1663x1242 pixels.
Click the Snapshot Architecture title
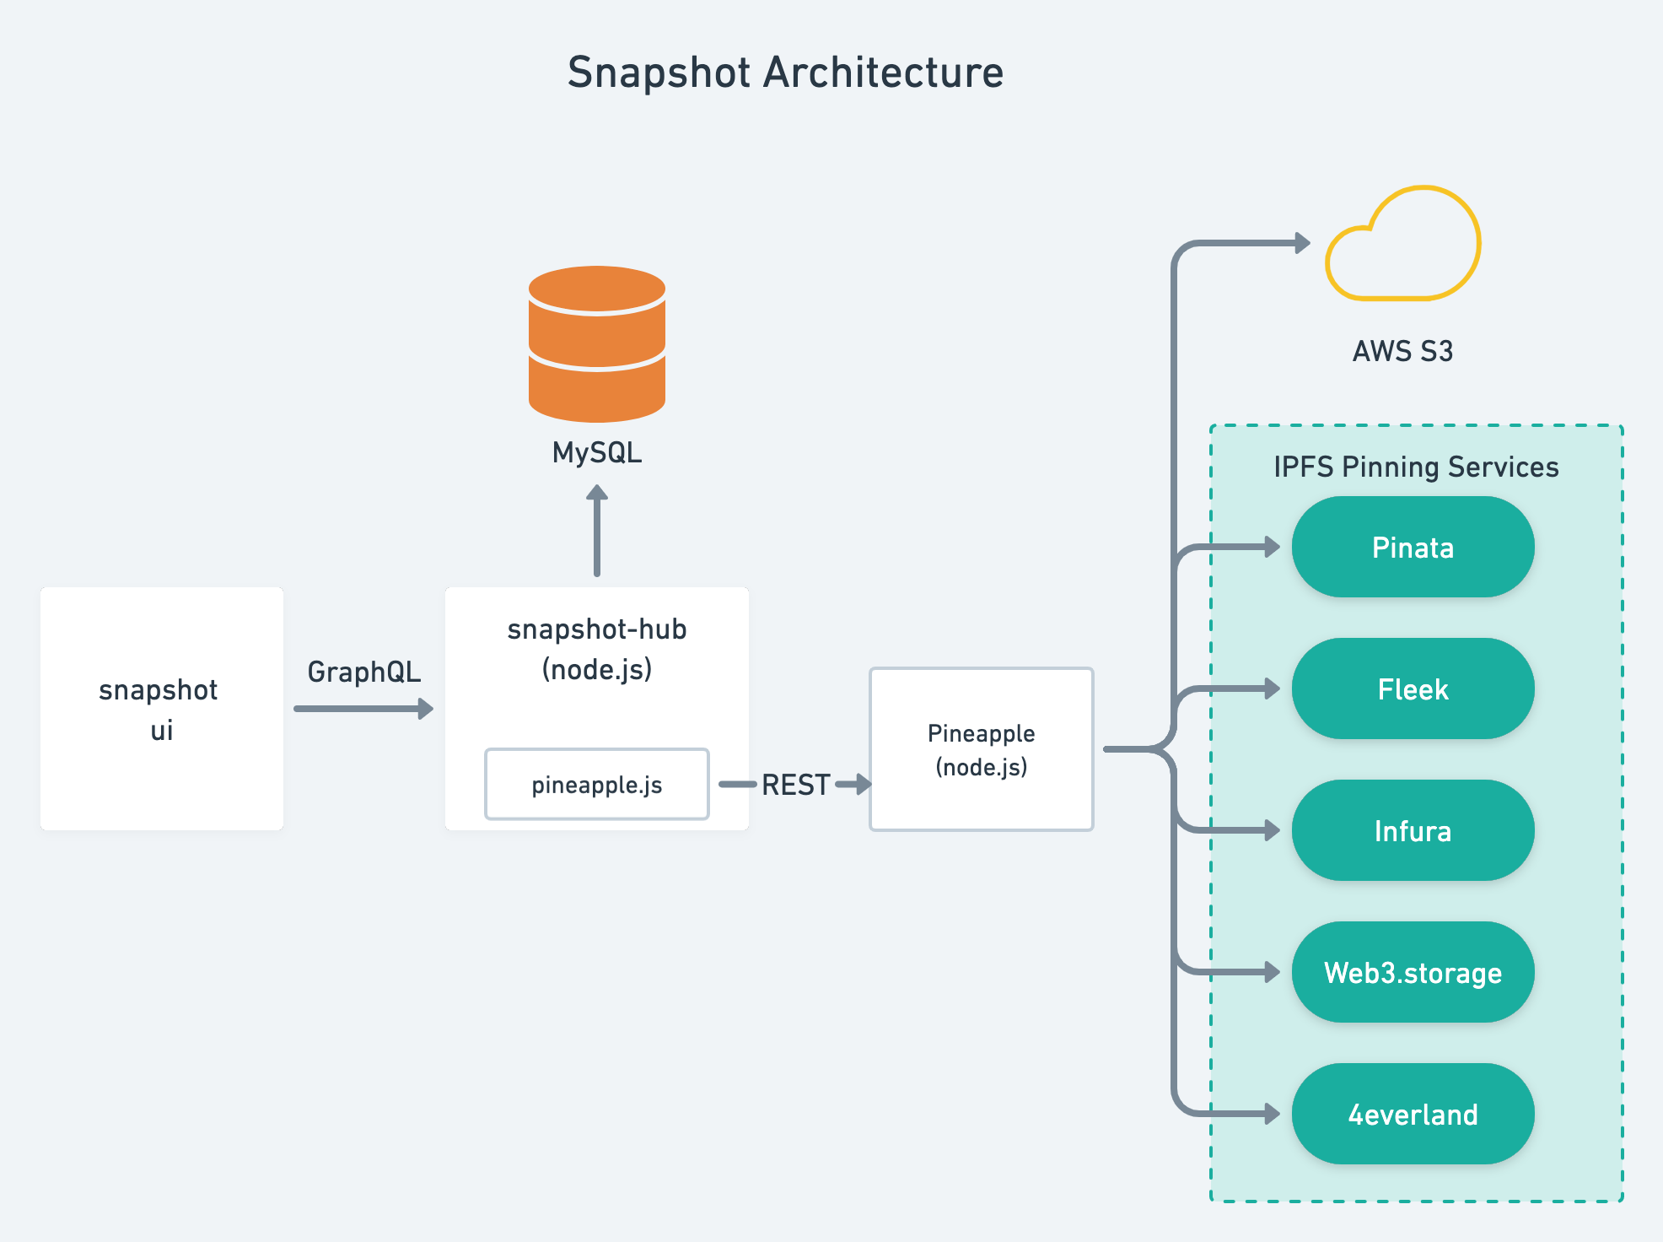pyautogui.click(x=785, y=73)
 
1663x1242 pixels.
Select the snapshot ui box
pyautogui.click(x=161, y=709)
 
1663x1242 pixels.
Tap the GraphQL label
pyautogui.click(x=363, y=672)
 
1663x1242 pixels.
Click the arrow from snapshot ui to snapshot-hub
pyautogui.click(x=363, y=709)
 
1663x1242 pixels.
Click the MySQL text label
pyautogui.click(x=597, y=453)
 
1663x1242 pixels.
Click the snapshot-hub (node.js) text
pyautogui.click(x=597, y=649)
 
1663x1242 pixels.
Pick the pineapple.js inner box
pyautogui.click(x=597, y=785)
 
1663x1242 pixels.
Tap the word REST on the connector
pyautogui.click(x=795, y=785)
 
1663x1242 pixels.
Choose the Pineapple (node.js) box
pyautogui.click(x=981, y=749)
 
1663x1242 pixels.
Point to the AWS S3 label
pyautogui.click(x=1402, y=351)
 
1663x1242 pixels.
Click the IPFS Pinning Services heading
pyautogui.click(x=1416, y=467)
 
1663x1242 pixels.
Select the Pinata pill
pyautogui.click(x=1413, y=548)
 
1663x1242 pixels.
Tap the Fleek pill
pyautogui.click(x=1413, y=689)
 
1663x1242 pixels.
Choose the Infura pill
pyautogui.click(x=1413, y=831)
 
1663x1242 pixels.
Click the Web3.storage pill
pyautogui.click(x=1413, y=973)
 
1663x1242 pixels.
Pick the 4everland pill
pyautogui.click(x=1413, y=1115)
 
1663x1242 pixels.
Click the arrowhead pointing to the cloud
pyautogui.click(x=1302, y=243)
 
